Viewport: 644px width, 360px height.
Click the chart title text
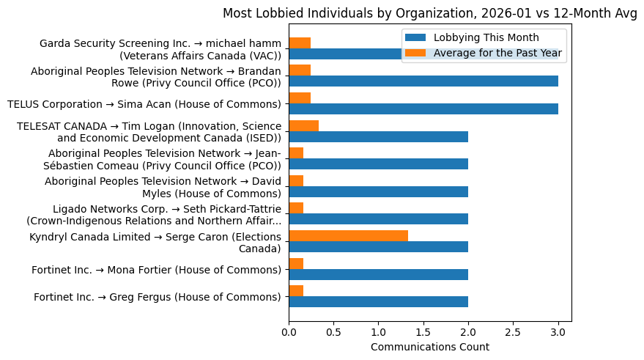click(x=429, y=13)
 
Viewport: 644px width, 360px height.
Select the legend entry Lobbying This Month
click(x=486, y=37)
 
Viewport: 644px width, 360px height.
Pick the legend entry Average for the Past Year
click(x=497, y=52)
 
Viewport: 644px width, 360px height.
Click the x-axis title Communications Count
click(x=429, y=347)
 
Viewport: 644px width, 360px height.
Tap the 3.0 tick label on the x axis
click(x=558, y=331)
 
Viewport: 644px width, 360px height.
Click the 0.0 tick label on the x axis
click(x=289, y=331)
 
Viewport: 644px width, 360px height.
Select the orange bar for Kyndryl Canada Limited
click(x=348, y=235)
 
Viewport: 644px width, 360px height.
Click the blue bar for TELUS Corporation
click(x=423, y=109)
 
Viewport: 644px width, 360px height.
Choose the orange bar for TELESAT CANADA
click(x=303, y=125)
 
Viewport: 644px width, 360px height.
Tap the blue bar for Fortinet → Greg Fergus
click(x=378, y=301)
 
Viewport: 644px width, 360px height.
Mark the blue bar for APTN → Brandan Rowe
click(x=423, y=81)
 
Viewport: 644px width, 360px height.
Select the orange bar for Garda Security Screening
click(x=300, y=43)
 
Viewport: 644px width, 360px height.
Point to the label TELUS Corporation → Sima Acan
click(x=144, y=104)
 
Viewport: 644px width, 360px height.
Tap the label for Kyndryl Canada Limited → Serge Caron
click(x=155, y=242)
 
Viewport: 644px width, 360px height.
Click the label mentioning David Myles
click(x=163, y=187)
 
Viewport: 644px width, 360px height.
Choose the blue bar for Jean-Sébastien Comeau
click(x=378, y=164)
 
